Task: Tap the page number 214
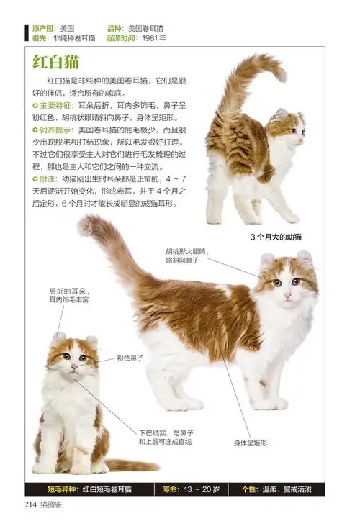coord(34,503)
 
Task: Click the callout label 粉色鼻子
coord(130,357)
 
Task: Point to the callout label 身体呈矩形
coord(250,443)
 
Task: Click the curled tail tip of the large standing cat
coord(86,226)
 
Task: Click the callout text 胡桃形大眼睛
coord(186,251)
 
